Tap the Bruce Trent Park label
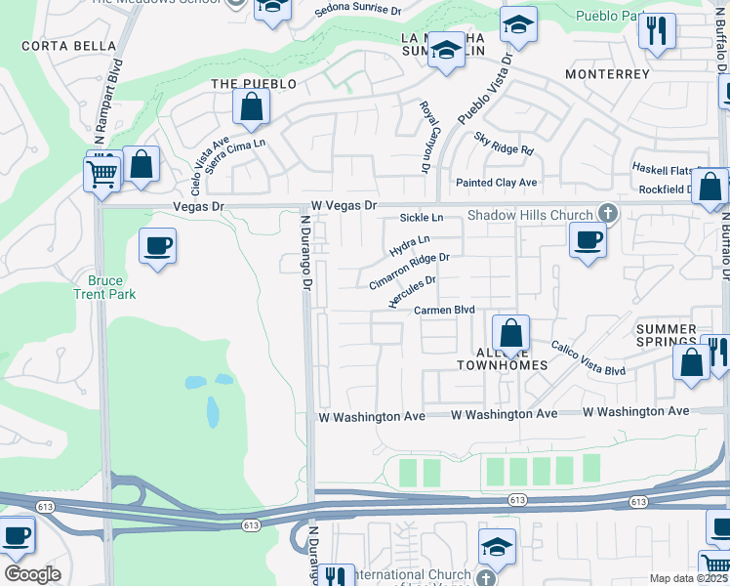(105, 287)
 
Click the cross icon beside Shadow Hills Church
(608, 213)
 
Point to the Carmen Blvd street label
(444, 310)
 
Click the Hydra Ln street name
(410, 245)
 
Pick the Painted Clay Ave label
(497, 183)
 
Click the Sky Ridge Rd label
(504, 146)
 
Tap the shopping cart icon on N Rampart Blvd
(101, 176)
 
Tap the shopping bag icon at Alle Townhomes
(509, 332)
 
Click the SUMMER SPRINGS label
(667, 338)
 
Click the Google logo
(32, 574)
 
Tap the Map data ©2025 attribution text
(687, 578)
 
